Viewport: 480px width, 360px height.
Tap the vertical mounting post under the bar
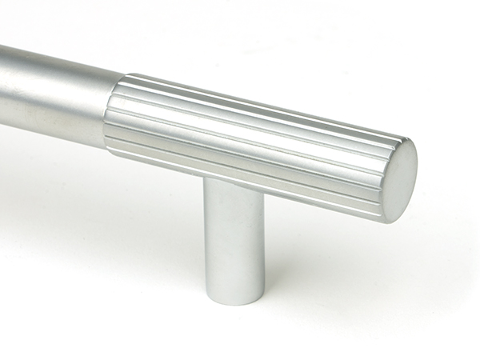pos(233,240)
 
